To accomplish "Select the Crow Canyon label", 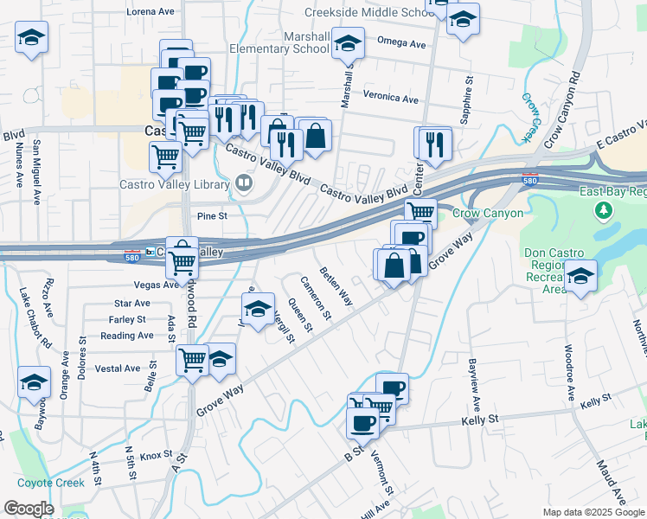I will (490, 213).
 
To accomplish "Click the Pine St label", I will (211, 216).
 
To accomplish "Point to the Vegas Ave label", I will (132, 285).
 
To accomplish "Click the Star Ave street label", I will (132, 304).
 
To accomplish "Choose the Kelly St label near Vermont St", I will (481, 419).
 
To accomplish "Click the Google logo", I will (28, 509).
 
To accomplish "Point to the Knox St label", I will (157, 455).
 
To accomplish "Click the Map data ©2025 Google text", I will (593, 512).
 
